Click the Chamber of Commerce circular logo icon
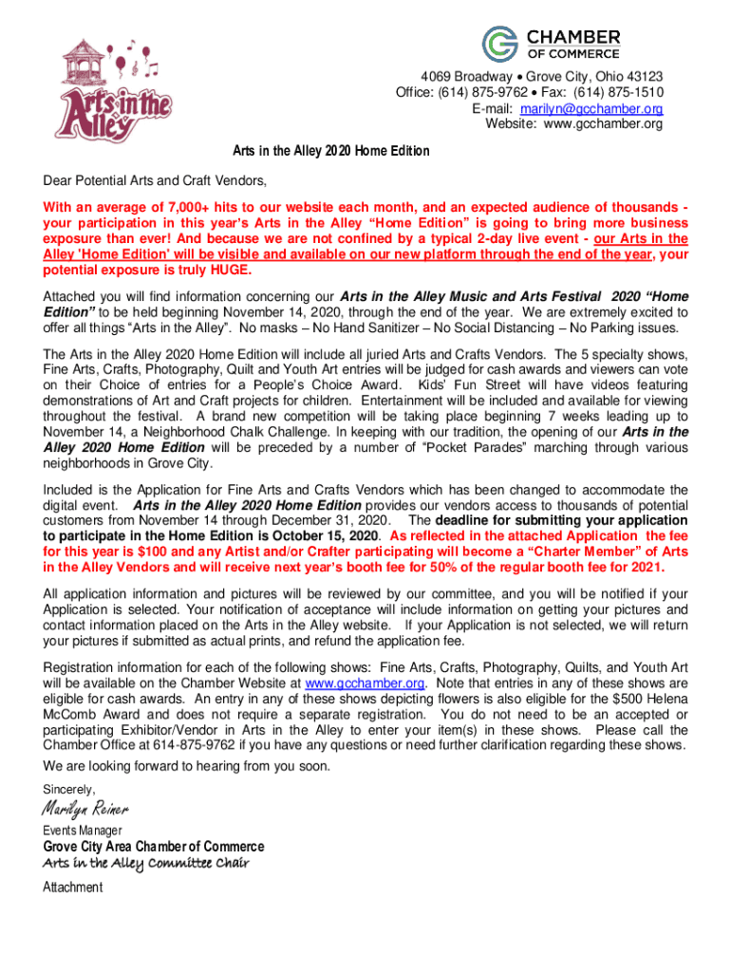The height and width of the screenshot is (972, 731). click(500, 44)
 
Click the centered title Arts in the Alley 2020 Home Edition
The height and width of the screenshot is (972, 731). click(331, 152)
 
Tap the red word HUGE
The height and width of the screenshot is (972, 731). click(234, 271)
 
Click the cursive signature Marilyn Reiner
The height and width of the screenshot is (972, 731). click(85, 809)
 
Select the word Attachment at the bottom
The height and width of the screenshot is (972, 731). click(73, 888)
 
